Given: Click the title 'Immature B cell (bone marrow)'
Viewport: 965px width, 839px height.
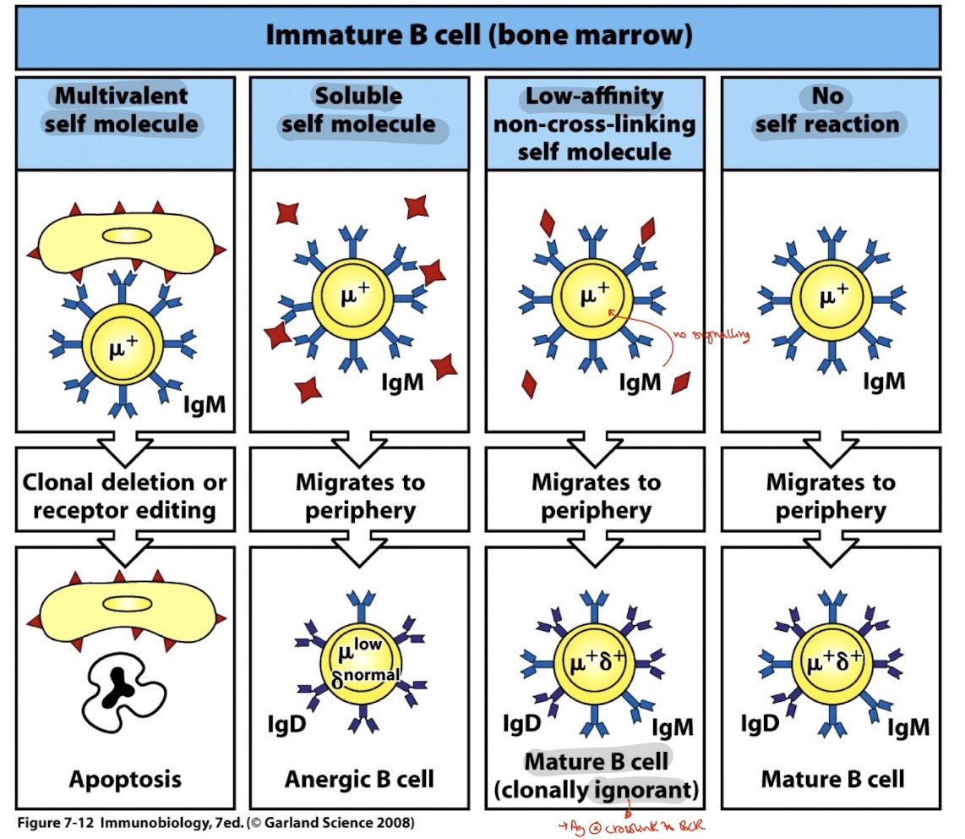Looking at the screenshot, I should (478, 36).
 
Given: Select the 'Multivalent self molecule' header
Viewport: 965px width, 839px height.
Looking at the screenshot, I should (126, 110).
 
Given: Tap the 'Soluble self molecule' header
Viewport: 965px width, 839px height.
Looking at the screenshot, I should (359, 110).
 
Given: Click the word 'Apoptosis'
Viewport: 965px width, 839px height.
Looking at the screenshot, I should (124, 778).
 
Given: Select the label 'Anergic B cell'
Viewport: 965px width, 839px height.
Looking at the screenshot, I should (359, 778).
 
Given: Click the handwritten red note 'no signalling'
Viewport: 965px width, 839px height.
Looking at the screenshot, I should (711, 337).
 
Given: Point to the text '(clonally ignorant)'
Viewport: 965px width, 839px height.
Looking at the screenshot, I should (597, 790).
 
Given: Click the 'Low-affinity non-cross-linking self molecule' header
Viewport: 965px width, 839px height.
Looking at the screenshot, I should (596, 123).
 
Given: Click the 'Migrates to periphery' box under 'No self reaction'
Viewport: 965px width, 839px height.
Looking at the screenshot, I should (831, 496).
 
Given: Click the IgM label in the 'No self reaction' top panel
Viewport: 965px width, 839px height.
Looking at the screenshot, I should (884, 381).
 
